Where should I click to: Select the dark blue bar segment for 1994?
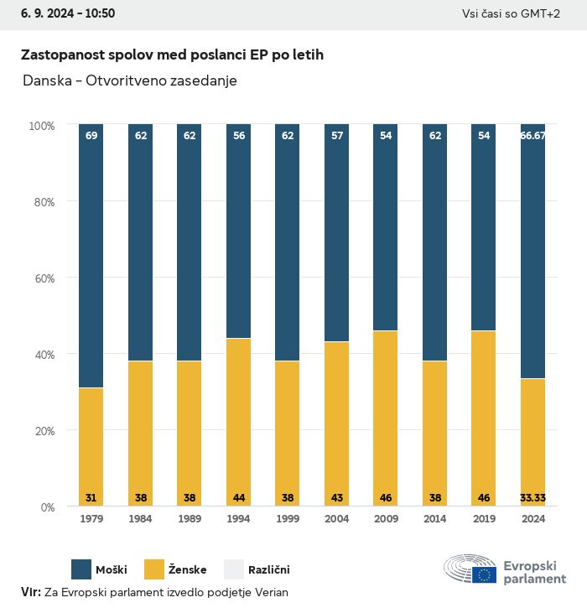pos(239,231)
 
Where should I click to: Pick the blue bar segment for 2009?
pos(386,227)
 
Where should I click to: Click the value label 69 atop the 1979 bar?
pos(91,135)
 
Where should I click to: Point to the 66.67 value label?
pos(533,135)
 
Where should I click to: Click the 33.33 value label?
pos(533,497)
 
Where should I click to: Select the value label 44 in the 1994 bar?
pos(239,497)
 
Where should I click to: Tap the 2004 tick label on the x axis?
pos(337,519)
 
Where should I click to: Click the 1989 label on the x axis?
pos(190,519)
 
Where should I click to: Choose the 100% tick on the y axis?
pos(41,125)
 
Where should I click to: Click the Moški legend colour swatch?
pos(81,569)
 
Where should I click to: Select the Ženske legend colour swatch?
pos(155,569)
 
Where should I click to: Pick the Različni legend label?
pos(268,570)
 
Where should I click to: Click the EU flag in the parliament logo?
pos(484,574)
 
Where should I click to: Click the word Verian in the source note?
pos(271,592)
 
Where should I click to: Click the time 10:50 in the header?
pos(99,13)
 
